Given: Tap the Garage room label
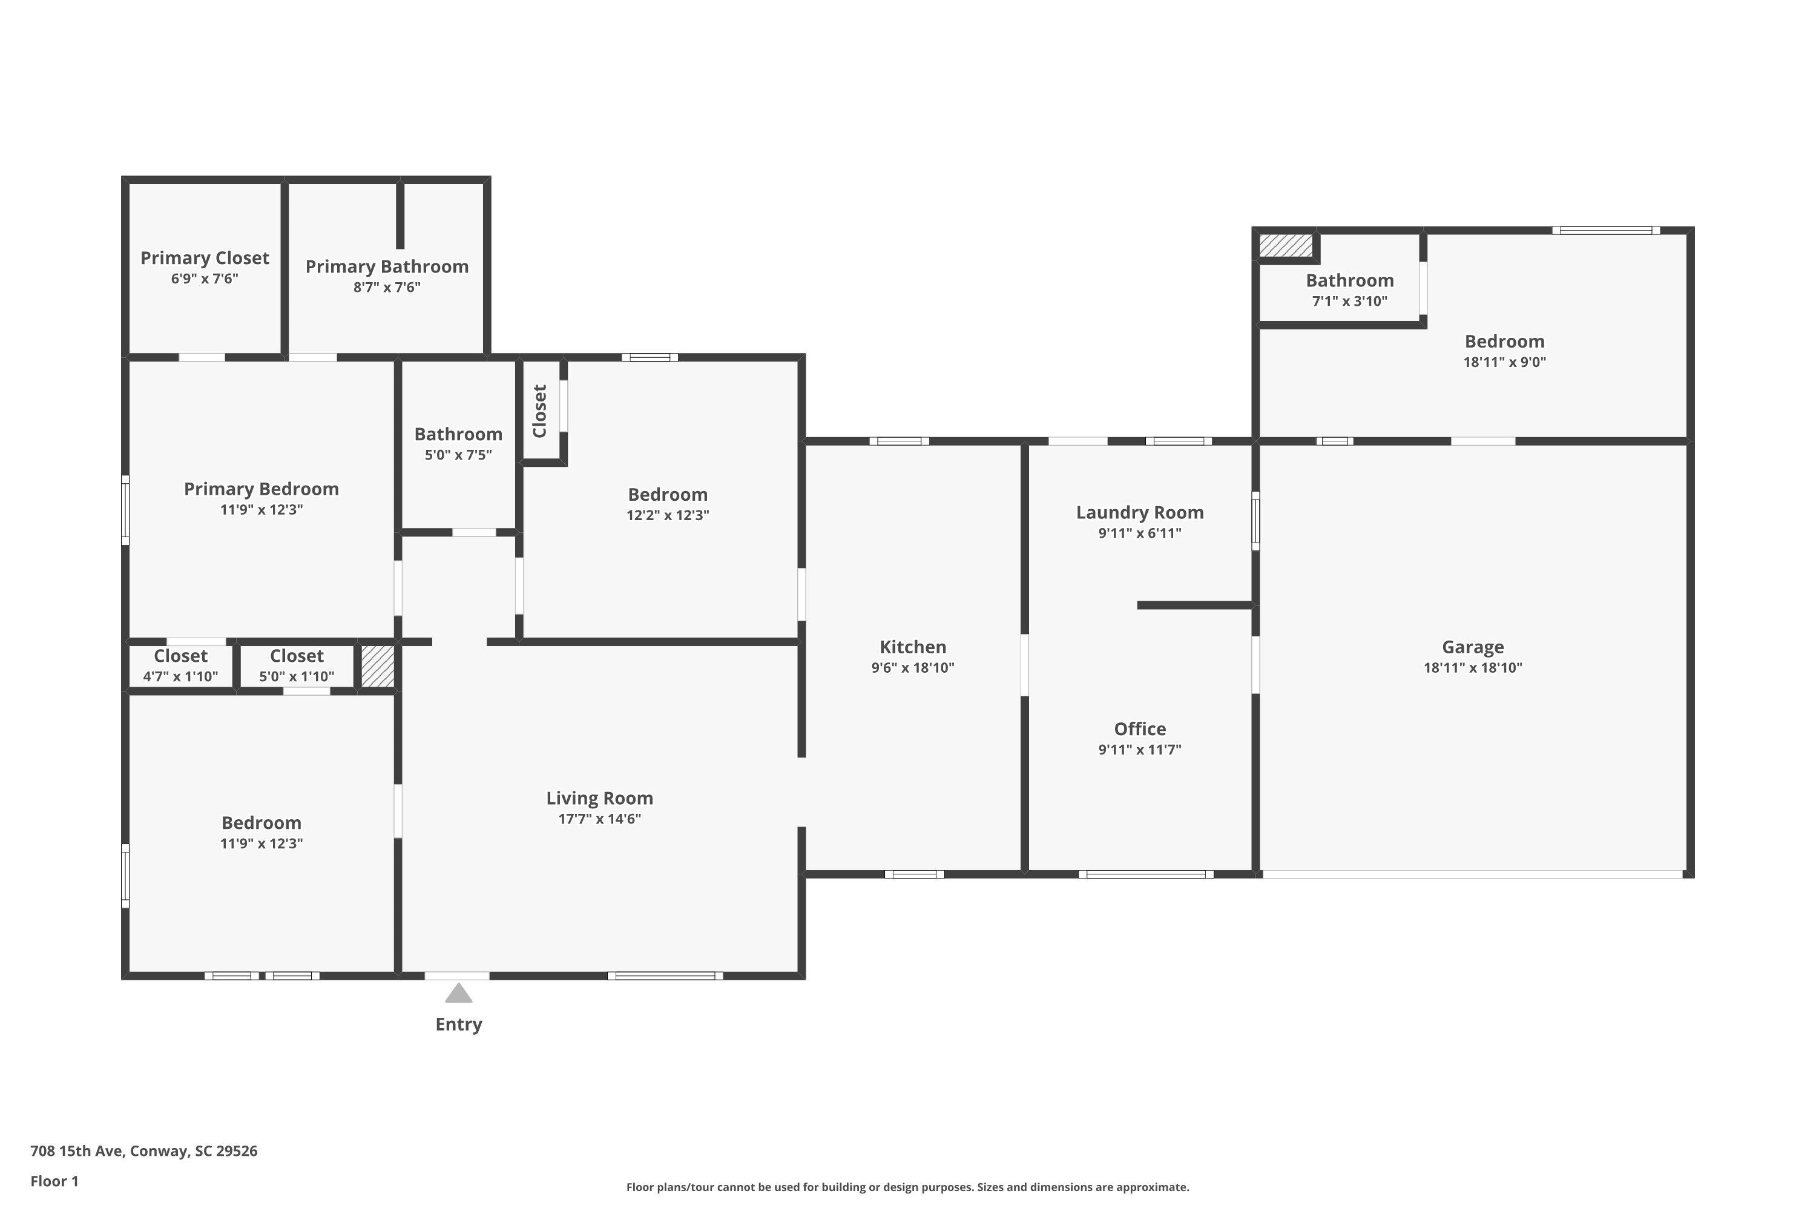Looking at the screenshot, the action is pos(1472,647).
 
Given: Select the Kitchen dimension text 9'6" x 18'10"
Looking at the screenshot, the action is pos(913,667).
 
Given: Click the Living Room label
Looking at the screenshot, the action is pos(600,798).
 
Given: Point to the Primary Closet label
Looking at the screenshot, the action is pos(205,258).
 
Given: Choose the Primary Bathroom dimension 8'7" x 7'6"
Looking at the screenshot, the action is pos(387,287).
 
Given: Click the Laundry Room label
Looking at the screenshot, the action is pos(1140,512).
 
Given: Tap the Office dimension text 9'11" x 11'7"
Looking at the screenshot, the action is pos(1140,749).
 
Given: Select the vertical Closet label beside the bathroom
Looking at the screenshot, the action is pos(540,411).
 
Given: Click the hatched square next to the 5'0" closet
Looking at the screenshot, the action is pos(378,665).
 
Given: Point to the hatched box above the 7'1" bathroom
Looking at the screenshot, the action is pos(1286,246).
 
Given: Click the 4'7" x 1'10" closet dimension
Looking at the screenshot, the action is pos(180,676).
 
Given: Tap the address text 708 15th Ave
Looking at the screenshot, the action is pos(76,1151).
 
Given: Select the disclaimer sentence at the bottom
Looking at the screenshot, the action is pos(907,1187).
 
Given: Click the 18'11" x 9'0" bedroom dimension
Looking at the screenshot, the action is pos(1504,361).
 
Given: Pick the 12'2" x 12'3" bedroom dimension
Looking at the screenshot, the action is pos(668,515).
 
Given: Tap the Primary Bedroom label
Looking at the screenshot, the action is pos(261,489).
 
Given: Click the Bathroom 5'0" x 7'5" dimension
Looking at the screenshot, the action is pos(458,455).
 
